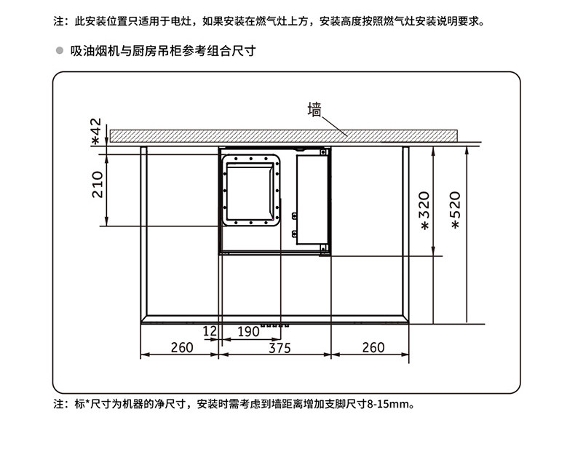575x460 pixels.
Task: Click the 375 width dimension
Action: coord(277,348)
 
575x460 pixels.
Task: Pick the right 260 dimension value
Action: coord(373,348)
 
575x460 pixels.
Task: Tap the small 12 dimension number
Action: coord(210,332)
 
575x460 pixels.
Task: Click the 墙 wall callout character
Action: coord(314,110)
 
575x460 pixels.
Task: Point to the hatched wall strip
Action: coord(284,135)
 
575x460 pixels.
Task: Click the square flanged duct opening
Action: coord(252,189)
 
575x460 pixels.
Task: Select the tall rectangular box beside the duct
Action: coord(312,198)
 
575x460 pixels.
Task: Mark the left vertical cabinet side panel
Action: coord(144,233)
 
